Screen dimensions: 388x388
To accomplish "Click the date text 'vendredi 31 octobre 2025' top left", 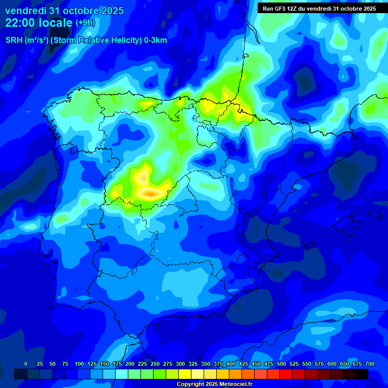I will (x=64, y=11).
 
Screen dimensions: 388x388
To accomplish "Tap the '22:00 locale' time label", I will (x=39, y=23).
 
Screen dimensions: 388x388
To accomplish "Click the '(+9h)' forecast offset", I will (x=85, y=23).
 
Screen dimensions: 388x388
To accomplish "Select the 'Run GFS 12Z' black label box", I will (x=319, y=9).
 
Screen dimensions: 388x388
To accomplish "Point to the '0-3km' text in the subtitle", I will (x=156, y=40).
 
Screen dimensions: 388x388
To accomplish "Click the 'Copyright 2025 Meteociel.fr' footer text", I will (x=214, y=384).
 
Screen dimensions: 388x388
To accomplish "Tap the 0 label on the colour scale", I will (x=26, y=364).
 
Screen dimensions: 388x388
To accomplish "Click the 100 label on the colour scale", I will (x=79, y=364).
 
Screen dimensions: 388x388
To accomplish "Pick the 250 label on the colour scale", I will (x=155, y=364).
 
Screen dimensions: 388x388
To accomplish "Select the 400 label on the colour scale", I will (x=230, y=364).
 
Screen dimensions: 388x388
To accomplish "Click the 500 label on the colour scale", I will (x=281, y=364).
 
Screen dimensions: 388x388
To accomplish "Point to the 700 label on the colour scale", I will (x=370, y=364).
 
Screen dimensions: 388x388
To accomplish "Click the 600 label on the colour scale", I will (x=331, y=364).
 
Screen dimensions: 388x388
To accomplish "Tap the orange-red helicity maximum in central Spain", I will (x=151, y=193).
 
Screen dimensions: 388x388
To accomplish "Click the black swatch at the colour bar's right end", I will (x=361, y=374).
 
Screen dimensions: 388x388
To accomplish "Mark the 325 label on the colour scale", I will (x=192, y=364).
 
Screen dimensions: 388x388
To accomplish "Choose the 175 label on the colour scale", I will (x=117, y=364).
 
